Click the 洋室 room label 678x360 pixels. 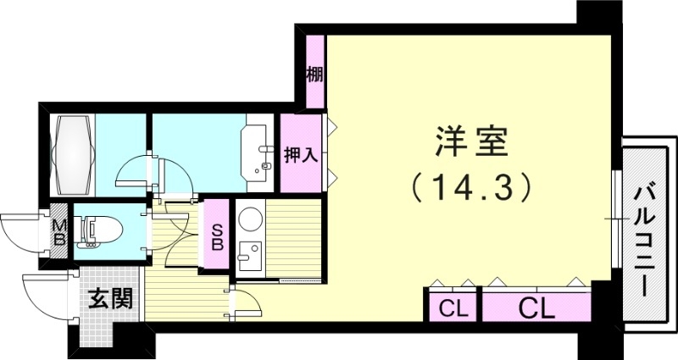click(471, 142)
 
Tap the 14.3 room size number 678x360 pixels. click(471, 187)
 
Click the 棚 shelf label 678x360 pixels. click(314, 75)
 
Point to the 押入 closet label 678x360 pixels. click(301, 155)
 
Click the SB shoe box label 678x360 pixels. click(216, 237)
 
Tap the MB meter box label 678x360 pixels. click(58, 232)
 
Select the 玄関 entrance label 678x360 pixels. click(110, 298)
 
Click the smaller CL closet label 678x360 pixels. click(453, 308)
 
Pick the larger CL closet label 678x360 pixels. click(536, 308)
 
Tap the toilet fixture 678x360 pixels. click(98, 231)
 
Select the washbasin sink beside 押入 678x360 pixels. click(258, 153)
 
